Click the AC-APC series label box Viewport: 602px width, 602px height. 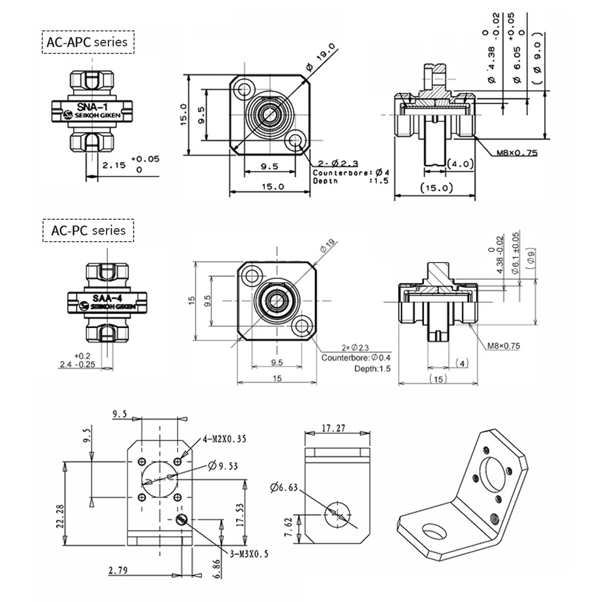click(x=88, y=42)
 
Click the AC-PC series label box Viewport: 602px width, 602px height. click(x=88, y=231)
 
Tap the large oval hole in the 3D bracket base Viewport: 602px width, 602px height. click(x=434, y=532)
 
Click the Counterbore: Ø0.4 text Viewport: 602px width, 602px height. click(x=356, y=358)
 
